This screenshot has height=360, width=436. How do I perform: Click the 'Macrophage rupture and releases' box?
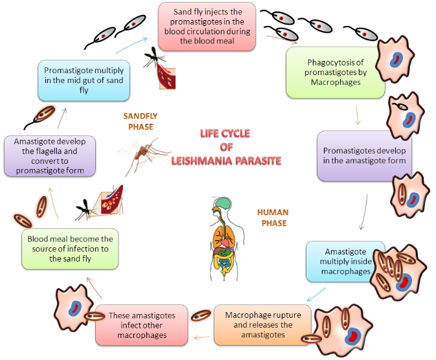tap(262, 324)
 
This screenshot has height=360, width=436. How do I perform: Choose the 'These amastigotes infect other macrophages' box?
tap(141, 325)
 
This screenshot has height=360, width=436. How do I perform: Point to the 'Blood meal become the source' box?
tap(71, 249)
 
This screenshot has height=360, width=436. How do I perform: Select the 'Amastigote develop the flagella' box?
tap(49, 155)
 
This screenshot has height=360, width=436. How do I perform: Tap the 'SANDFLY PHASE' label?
tap(141, 122)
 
